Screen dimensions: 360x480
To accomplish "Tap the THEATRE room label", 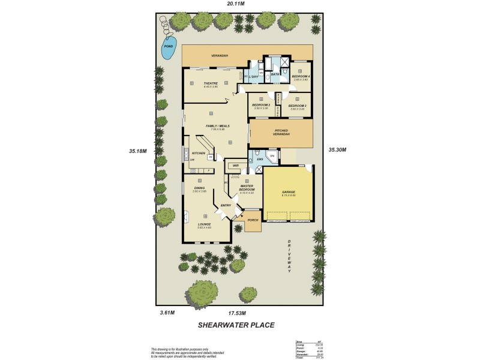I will tap(210, 83).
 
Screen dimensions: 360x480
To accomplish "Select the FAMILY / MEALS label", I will tap(212, 126).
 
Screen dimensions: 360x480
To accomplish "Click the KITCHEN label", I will tap(199, 154).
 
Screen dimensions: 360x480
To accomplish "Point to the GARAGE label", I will tap(289, 192).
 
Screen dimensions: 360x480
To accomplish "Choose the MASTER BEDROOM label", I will tap(247, 188).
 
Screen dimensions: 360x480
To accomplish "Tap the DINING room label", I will tap(199, 188).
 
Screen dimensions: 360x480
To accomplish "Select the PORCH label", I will tap(253, 220).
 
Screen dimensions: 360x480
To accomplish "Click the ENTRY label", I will tap(226, 206).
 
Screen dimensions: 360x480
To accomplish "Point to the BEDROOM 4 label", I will tap(301, 77).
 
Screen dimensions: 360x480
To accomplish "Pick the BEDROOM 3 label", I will tap(298, 106).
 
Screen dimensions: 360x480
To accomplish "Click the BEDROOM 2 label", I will tap(260, 105).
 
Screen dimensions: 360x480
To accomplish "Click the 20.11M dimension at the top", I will tap(235, 4).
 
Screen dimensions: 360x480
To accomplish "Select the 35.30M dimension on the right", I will tap(337, 150).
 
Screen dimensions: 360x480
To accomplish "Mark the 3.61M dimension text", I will tap(167, 313).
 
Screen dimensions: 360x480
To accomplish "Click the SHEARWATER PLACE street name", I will tap(236, 325).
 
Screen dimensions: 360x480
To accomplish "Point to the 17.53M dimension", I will tap(236, 313).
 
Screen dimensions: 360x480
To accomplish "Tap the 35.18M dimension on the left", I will tap(138, 151).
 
